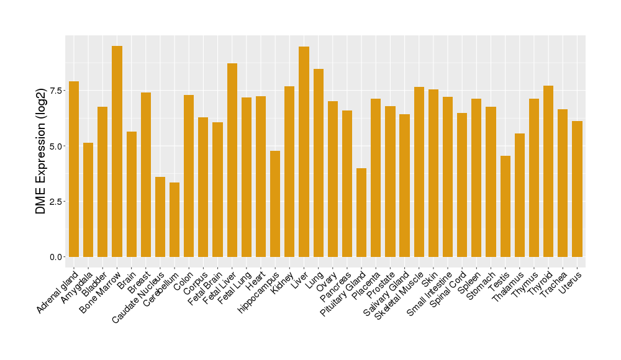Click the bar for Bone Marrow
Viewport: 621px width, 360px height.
coord(117,151)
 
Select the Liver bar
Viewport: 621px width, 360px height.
coord(304,151)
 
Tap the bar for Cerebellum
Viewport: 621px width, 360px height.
coord(175,220)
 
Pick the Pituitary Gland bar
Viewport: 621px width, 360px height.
coord(361,212)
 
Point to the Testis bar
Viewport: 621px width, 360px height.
coord(505,206)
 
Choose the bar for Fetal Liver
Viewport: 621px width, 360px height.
coord(232,160)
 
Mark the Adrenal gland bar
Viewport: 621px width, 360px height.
coord(74,169)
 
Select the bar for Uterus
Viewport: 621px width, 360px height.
coord(577,189)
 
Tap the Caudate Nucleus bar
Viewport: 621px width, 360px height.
coord(160,217)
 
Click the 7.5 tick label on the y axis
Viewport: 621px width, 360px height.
coord(57,91)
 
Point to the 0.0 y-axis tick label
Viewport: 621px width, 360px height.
coord(57,257)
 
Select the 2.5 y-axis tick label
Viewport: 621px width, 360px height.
coord(57,202)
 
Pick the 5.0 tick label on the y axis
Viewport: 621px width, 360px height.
coord(57,146)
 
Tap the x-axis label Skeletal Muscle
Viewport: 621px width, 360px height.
coord(401,291)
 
